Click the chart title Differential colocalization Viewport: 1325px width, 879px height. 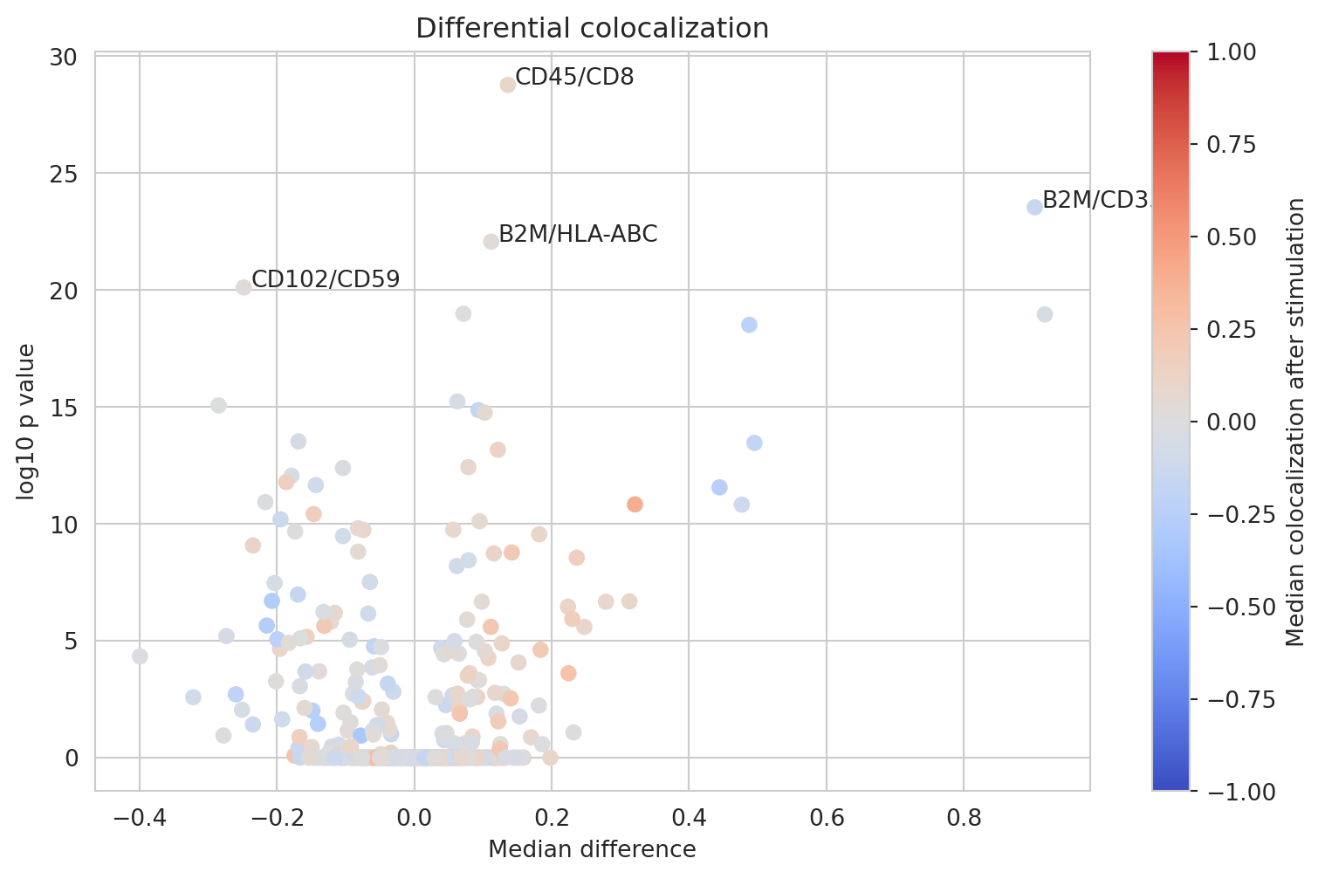pyautogui.click(x=592, y=29)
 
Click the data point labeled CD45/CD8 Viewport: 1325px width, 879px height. pyautogui.click(x=508, y=85)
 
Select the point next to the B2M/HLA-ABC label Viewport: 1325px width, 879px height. pyautogui.click(x=491, y=242)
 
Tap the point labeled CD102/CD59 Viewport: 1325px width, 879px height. pyautogui.click(x=244, y=287)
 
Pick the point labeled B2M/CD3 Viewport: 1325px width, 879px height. pyautogui.click(x=1034, y=207)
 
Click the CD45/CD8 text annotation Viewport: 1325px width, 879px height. pyautogui.click(x=574, y=78)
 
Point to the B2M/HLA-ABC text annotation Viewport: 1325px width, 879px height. pyautogui.click(x=578, y=235)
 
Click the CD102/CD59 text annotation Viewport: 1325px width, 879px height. pyautogui.click(x=326, y=280)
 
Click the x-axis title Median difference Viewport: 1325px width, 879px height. pyautogui.click(x=592, y=849)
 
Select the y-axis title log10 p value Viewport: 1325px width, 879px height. pyautogui.click(x=27, y=422)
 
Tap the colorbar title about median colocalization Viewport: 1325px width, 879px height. pyautogui.click(x=1296, y=422)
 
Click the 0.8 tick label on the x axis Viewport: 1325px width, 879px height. pyautogui.click(x=963, y=820)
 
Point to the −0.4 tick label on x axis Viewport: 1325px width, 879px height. pyautogui.click(x=138, y=820)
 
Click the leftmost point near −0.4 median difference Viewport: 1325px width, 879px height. pyautogui.click(x=140, y=656)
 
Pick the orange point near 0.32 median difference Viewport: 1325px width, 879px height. pyautogui.click(x=635, y=505)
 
